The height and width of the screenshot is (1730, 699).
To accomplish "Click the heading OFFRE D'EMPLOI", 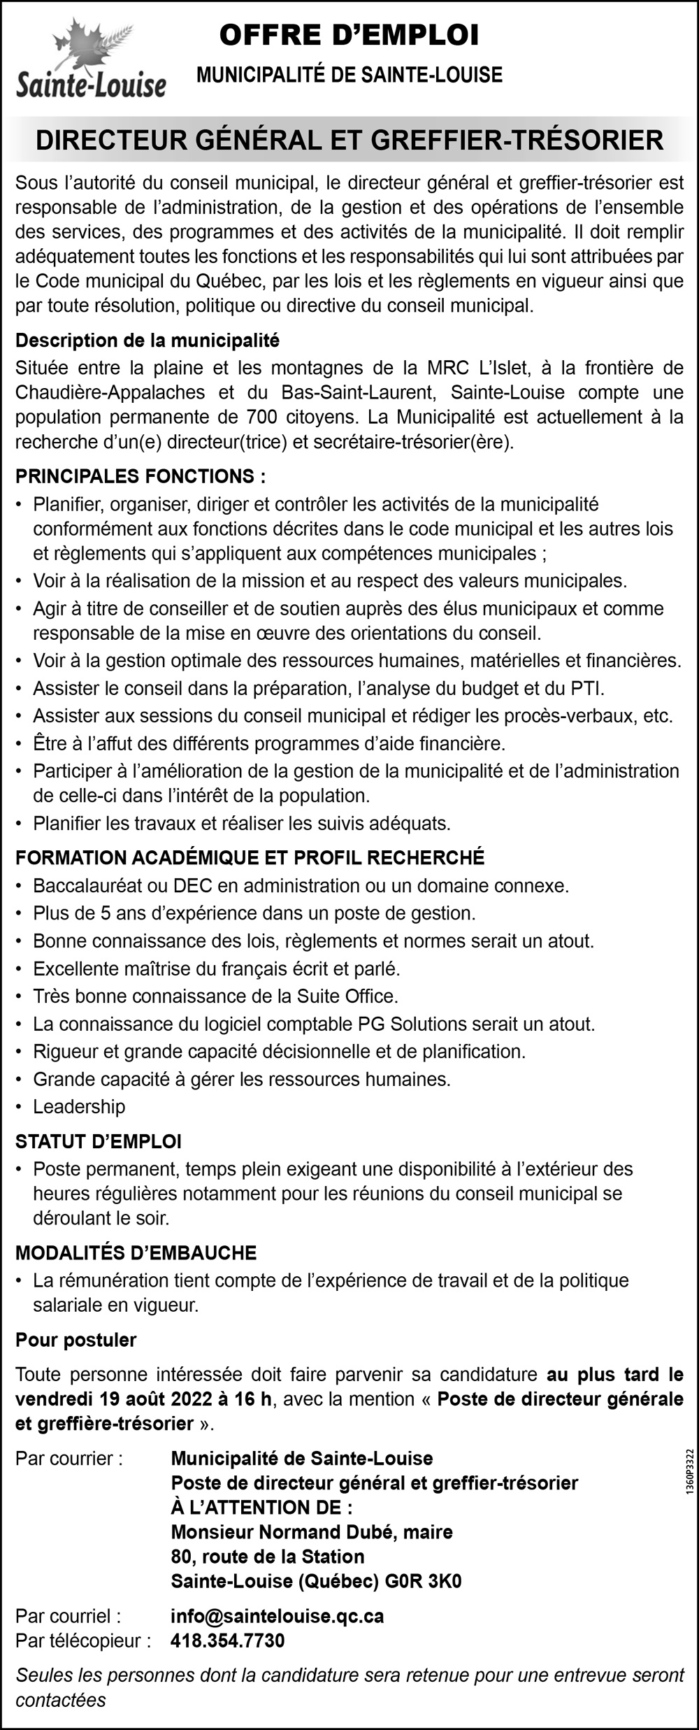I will point(349,36).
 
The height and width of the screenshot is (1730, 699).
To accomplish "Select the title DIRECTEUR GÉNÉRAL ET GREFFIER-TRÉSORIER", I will point(349,140).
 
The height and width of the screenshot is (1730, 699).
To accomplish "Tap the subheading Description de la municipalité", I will point(147,341).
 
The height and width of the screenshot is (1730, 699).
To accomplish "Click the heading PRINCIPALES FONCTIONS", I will point(140,476).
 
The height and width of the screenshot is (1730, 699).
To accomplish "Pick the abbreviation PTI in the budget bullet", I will point(586,688).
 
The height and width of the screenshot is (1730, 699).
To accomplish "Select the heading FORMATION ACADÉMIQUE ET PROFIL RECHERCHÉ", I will point(250,857).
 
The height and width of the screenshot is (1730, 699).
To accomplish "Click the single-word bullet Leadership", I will point(79,1106).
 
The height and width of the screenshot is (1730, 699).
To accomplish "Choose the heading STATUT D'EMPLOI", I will point(99,1141).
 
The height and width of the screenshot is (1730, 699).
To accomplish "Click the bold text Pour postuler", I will point(75,1340).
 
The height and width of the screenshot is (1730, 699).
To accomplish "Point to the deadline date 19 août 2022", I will point(148,1399).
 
